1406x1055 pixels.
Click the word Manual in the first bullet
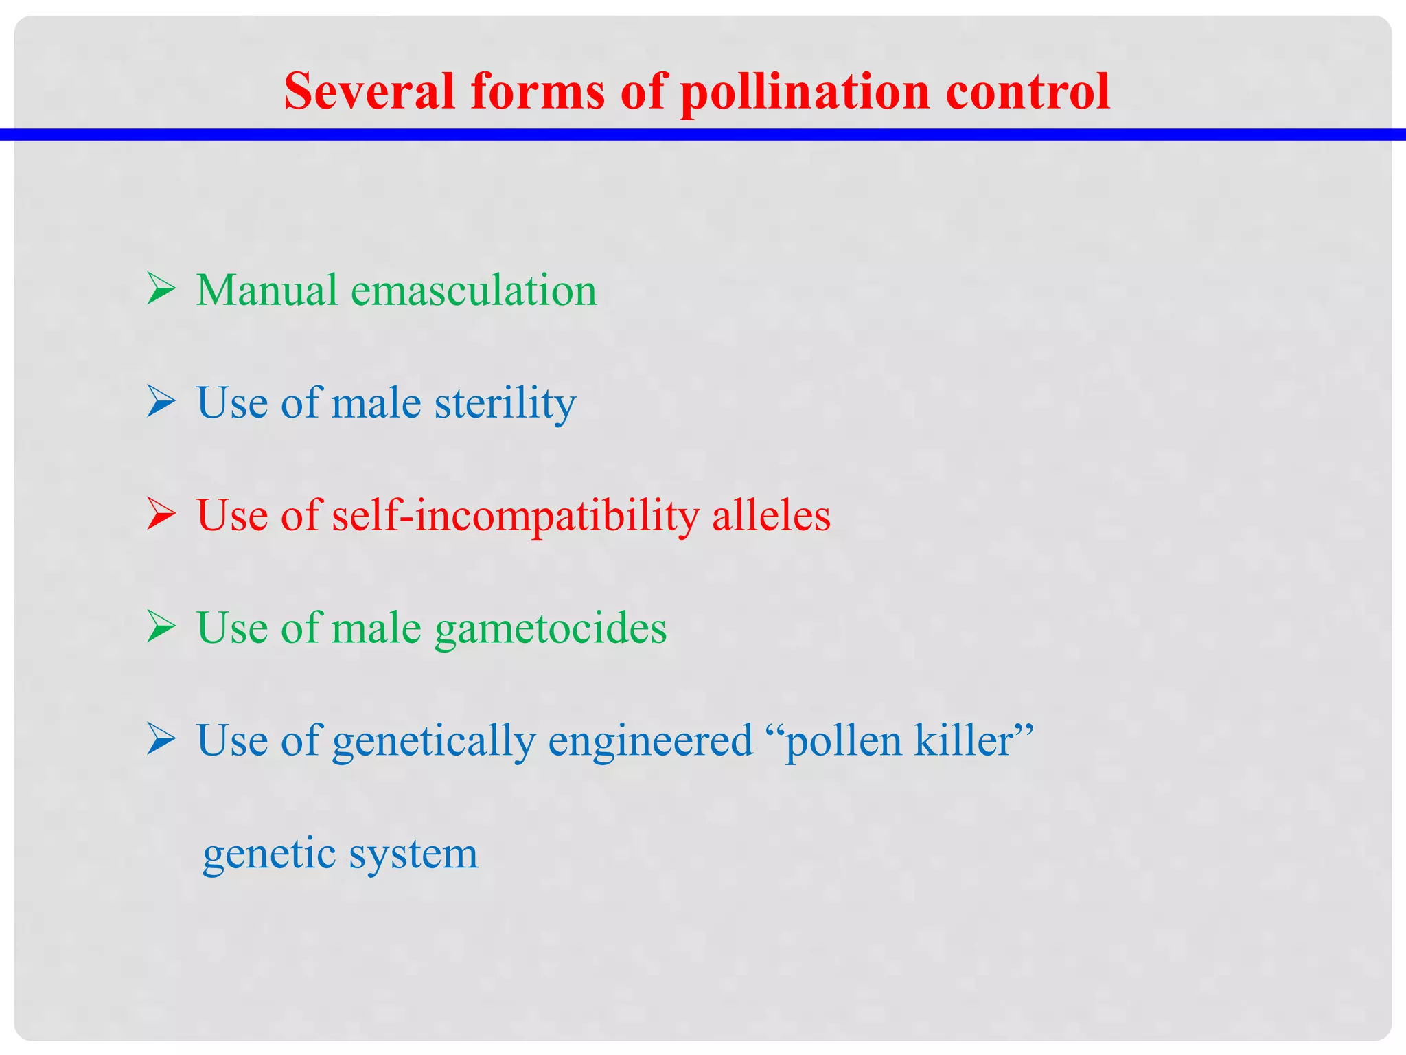(267, 290)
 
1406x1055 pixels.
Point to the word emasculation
(474, 290)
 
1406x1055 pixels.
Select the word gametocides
(551, 628)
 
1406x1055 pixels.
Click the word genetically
(434, 741)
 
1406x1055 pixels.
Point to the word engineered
(650, 741)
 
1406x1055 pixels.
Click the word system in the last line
(413, 854)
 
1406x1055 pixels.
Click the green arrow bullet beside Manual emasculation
(161, 288)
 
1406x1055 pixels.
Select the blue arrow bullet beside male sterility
(161, 401)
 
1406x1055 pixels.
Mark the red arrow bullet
(161, 514)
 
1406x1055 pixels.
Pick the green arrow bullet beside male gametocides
(161, 626)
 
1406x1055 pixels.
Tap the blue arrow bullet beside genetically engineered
(161, 740)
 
